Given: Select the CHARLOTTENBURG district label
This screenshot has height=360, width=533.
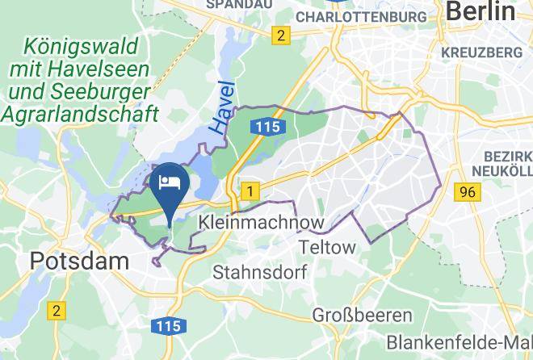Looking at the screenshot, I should [x=361, y=16].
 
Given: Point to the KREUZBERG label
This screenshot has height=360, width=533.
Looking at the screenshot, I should [x=482, y=52].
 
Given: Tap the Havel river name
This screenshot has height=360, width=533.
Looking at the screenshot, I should [x=222, y=107].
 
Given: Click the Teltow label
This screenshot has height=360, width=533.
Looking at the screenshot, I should [x=326, y=247].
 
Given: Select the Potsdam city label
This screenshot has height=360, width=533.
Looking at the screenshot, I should [x=79, y=261].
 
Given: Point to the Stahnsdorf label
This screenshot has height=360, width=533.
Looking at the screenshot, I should [x=259, y=273].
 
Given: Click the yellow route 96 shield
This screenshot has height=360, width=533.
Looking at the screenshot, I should [x=465, y=191].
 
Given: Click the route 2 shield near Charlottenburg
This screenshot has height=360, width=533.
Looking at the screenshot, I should [x=280, y=35].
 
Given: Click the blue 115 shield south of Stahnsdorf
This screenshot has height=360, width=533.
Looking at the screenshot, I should [x=169, y=326].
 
